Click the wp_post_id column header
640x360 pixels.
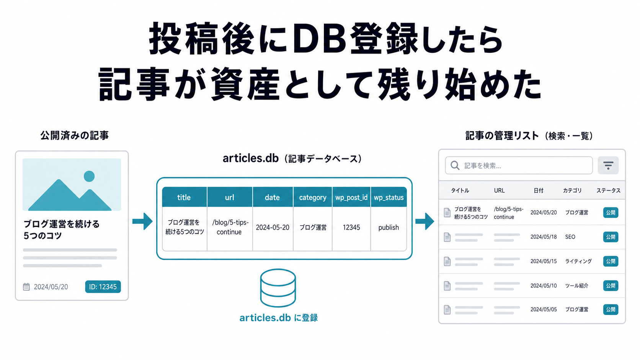point(351,197)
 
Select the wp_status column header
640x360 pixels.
point(389,197)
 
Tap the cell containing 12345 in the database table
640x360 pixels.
point(351,228)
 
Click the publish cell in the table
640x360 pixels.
point(389,228)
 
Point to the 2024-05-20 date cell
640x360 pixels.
point(273,228)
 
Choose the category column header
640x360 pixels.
point(313,197)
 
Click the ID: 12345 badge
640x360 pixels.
point(103,287)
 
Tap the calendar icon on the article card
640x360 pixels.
point(26,287)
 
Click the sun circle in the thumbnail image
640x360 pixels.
point(89,176)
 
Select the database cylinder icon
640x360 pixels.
point(278,288)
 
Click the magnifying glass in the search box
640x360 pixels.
point(455,166)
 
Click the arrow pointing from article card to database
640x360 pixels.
point(142,221)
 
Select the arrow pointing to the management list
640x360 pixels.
point(425,221)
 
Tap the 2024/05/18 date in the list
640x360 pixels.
point(544,237)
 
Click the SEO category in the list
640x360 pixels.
point(570,237)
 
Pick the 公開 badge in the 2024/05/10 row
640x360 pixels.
point(611,285)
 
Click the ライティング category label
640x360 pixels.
point(578,261)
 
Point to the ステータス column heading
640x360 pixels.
point(608,191)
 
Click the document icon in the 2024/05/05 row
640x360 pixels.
point(447,310)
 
